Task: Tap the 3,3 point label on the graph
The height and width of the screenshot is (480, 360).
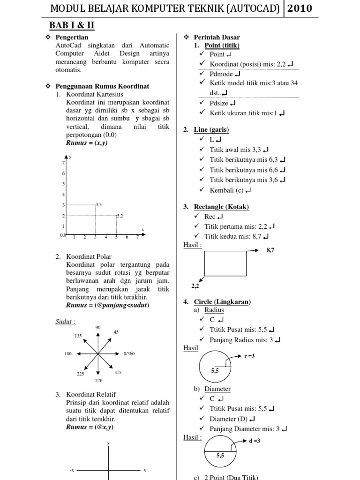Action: tap(98, 204)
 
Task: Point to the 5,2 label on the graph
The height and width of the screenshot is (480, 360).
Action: tap(120, 216)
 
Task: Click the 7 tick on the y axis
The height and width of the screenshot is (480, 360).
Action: tap(63, 162)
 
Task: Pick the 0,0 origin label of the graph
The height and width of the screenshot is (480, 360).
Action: tap(63, 235)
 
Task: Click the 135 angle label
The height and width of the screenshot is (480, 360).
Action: tap(78, 336)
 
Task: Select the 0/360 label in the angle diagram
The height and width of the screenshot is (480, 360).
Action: tap(129, 353)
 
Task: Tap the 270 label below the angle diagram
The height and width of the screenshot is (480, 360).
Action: tap(98, 380)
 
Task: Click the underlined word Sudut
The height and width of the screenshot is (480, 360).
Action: tap(65, 322)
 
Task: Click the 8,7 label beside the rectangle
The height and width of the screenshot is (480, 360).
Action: tap(270, 251)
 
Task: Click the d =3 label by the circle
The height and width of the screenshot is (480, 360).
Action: tap(255, 441)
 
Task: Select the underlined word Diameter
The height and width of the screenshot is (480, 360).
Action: tap(217, 389)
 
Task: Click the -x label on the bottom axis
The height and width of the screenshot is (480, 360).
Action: tap(72, 470)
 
